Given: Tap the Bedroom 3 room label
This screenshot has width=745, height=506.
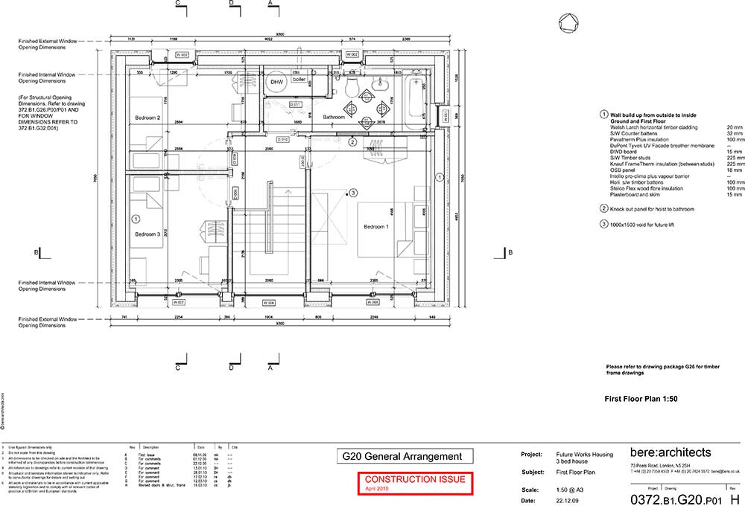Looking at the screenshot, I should [148, 234].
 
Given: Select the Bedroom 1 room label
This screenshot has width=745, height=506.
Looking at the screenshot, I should [376, 226].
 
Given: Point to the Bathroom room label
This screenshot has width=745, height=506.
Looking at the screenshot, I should [334, 118].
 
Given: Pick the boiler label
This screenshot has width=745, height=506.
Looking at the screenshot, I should [299, 79].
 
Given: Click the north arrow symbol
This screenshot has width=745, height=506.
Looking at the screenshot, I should [569, 24].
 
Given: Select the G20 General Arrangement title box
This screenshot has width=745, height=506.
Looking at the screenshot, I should [403, 456].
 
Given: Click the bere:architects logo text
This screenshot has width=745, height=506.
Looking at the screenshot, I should [670, 452].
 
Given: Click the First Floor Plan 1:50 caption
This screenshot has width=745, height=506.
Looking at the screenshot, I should [641, 399].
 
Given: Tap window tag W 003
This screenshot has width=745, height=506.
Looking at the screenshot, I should [183, 55].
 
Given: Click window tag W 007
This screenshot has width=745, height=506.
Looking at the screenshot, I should [179, 302].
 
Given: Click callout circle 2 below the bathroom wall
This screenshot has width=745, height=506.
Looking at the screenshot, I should [353, 141].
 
